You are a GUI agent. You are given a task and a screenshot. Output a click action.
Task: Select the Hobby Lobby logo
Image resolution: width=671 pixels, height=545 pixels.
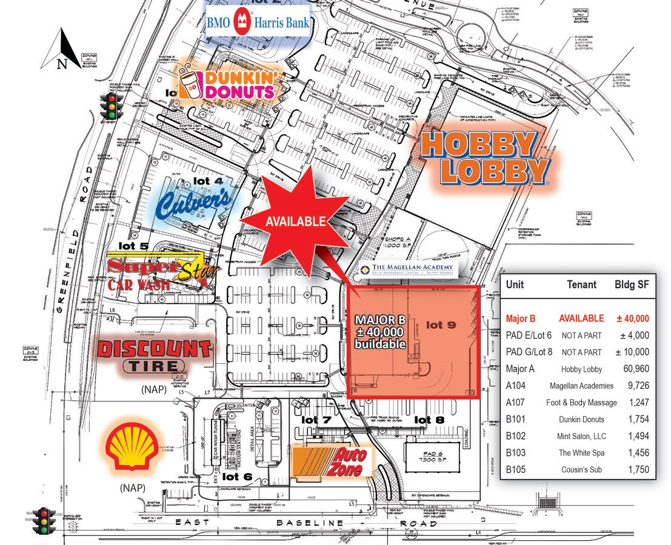click(x=483, y=158)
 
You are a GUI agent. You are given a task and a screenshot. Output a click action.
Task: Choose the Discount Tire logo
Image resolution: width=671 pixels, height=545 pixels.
click(x=154, y=355)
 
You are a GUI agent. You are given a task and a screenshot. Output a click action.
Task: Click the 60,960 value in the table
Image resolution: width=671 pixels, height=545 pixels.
click(x=635, y=369)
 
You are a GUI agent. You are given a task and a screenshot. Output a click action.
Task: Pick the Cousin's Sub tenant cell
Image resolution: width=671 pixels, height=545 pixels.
click(x=581, y=469)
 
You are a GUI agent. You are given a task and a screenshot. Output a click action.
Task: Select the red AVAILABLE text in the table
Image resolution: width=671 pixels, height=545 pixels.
click(x=581, y=319)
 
